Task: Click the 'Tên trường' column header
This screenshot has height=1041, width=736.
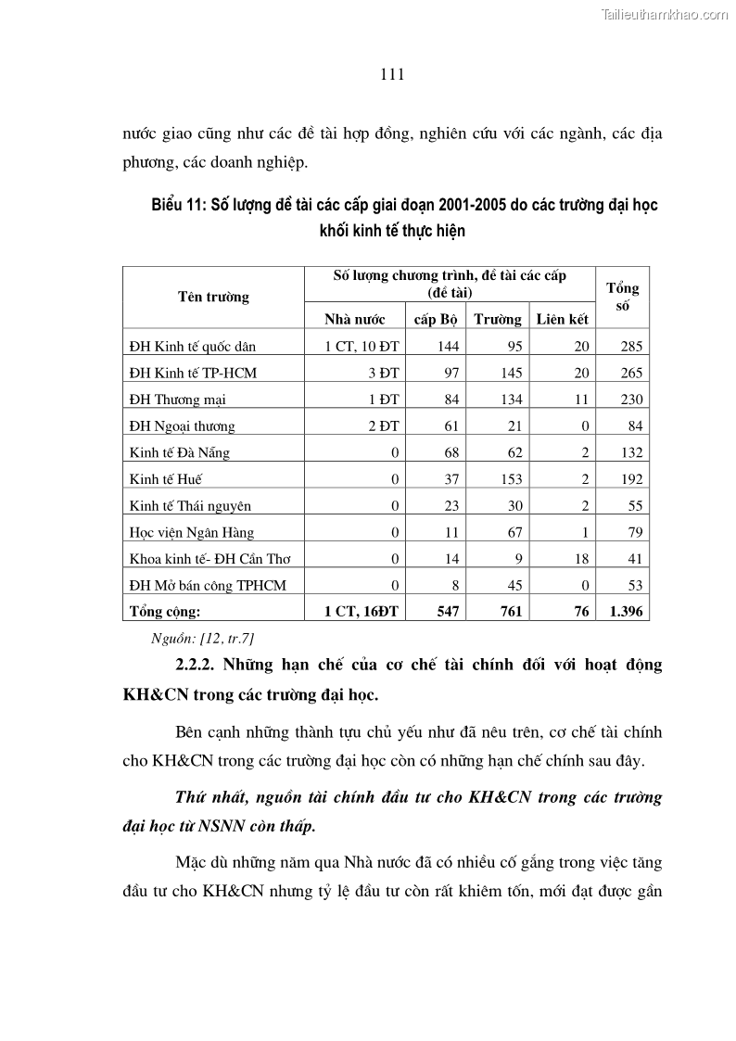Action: tap(213, 298)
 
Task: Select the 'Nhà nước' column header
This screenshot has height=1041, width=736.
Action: tap(354, 320)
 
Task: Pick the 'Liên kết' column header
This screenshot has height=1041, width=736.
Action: tap(562, 320)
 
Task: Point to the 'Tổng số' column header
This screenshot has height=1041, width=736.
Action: tap(622, 298)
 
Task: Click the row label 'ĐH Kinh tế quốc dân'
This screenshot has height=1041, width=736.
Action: tap(193, 347)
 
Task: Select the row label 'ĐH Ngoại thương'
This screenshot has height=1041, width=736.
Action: tap(183, 426)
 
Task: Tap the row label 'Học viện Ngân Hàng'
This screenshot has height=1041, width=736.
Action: tap(192, 533)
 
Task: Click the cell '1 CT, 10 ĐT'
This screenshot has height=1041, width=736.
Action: tap(362, 347)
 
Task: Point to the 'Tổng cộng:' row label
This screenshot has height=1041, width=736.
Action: tap(165, 612)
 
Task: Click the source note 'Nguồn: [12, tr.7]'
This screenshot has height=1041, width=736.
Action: tap(202, 638)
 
